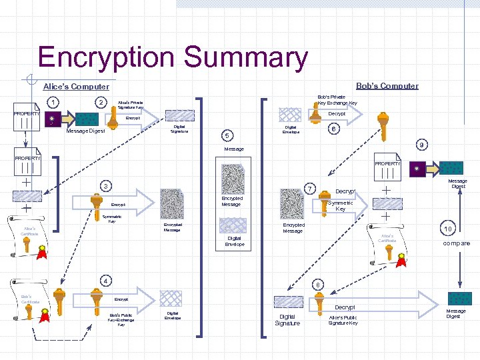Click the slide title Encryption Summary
pyautogui.click(x=173, y=58)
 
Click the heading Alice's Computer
pyautogui.click(x=75, y=87)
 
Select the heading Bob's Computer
pyautogui.click(x=387, y=86)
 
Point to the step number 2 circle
pyautogui.click(x=100, y=103)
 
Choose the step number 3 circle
pyautogui.click(x=105, y=185)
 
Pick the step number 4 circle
pyautogui.click(x=105, y=280)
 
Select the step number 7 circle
pyautogui.click(x=309, y=189)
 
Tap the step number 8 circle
pyautogui.click(x=318, y=285)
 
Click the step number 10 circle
pyautogui.click(x=448, y=229)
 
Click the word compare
pyautogui.click(x=456, y=243)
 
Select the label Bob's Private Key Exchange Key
pyautogui.click(x=337, y=100)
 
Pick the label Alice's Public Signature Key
pyautogui.click(x=343, y=320)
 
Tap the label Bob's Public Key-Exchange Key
pyautogui.click(x=121, y=320)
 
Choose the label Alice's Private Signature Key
pyautogui.click(x=130, y=105)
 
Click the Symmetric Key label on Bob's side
pyautogui.click(x=340, y=206)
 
